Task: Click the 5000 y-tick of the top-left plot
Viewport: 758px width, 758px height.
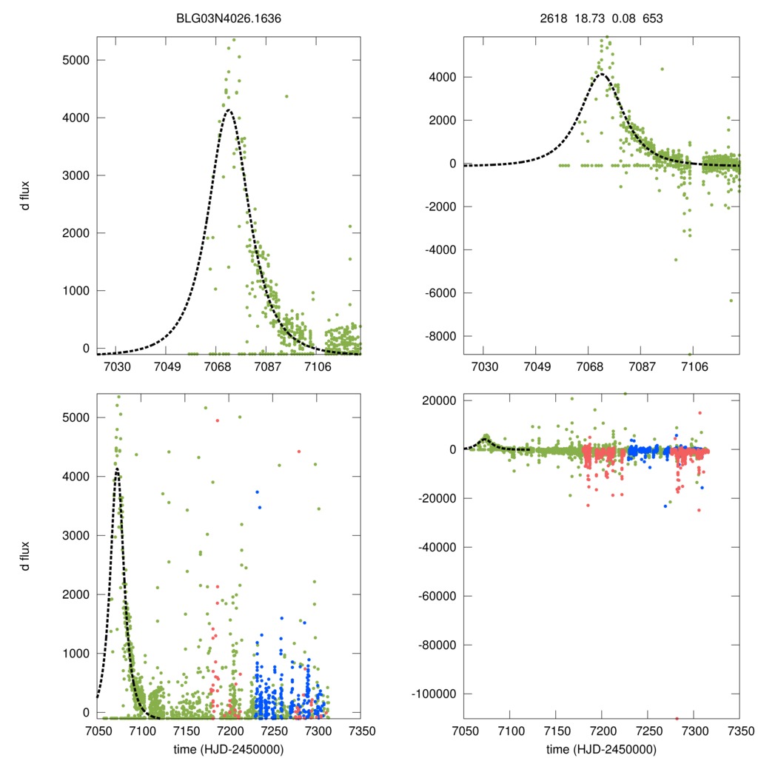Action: (x=73, y=60)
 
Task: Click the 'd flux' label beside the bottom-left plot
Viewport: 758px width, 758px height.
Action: (x=25, y=556)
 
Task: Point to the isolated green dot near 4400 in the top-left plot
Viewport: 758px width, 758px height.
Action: (x=286, y=96)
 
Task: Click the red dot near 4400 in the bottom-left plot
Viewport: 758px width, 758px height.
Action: (x=299, y=451)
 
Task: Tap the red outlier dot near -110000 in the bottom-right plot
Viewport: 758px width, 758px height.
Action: (x=677, y=718)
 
